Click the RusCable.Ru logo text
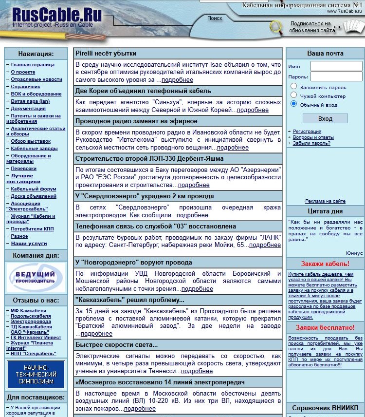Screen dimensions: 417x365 pyautogui.click(x=56, y=15)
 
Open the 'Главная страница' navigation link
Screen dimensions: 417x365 pyautogui.click(x=33, y=65)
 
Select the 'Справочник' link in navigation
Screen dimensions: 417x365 pyautogui.click(x=25, y=87)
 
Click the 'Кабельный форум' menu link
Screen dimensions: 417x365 pyautogui.click(x=34, y=189)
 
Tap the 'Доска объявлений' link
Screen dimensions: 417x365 pyautogui.click(x=34, y=196)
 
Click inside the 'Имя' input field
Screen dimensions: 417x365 pyautogui.click(x=336, y=66)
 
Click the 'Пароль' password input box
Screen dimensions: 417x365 pyautogui.click(x=336, y=76)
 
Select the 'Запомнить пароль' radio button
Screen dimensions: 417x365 pyautogui.click(x=294, y=86)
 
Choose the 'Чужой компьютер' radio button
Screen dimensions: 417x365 pyautogui.click(x=294, y=95)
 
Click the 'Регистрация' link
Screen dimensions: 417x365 pyautogui.click(x=307, y=132)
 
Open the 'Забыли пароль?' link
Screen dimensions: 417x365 pyautogui.click(x=311, y=143)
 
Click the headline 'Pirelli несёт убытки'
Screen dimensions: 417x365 pyautogui.click(x=106, y=54)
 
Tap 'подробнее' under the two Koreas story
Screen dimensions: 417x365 pyautogui.click(x=253, y=110)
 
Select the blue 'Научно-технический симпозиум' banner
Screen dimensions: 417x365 pyautogui.click(x=36, y=374)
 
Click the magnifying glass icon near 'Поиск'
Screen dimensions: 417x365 pyautogui.click(x=276, y=26)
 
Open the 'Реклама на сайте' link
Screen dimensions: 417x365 pyautogui.click(x=325, y=201)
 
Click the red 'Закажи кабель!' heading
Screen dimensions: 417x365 pyautogui.click(x=325, y=264)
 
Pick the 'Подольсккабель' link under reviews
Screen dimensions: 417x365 pyautogui.click(x=31, y=316)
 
